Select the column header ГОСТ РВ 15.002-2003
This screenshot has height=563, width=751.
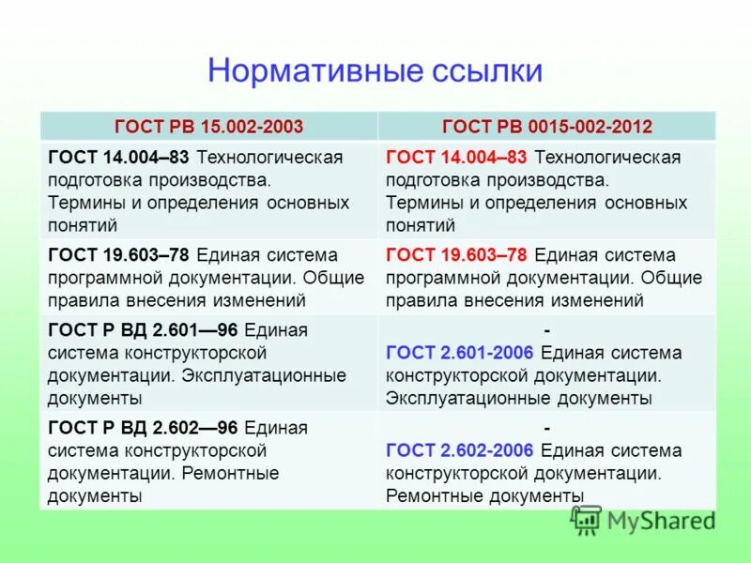208,126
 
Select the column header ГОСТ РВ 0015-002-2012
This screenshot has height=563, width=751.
546,126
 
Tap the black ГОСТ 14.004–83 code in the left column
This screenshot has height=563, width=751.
118,158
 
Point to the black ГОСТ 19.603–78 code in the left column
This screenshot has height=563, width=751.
118,255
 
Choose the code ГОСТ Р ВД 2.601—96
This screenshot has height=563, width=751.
143,330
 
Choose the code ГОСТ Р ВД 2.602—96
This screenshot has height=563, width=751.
143,428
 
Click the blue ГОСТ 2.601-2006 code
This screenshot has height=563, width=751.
459,353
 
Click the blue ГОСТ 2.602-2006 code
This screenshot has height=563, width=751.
459,450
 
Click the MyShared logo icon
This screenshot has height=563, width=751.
587,519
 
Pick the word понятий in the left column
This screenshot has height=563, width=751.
83,225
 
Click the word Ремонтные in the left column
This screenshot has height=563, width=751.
231,473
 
